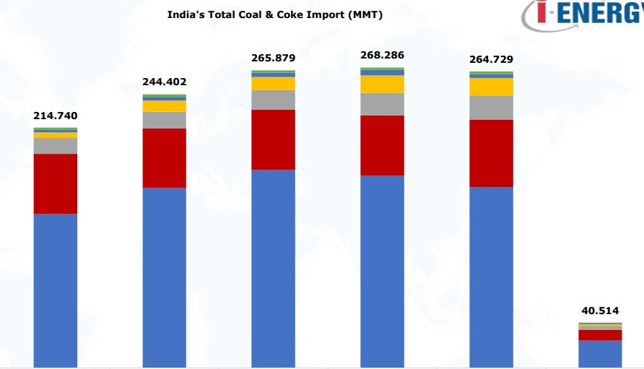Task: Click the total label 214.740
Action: coord(56,116)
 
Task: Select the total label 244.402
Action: coord(164,82)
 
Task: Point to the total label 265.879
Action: coord(273,58)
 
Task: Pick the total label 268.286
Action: coord(382,55)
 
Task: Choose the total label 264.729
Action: coord(491,59)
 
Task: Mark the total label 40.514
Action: coord(600,311)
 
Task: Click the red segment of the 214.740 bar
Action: coord(56,183)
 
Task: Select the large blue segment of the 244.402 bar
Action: coord(164,277)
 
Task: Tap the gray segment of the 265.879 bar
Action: coord(273,100)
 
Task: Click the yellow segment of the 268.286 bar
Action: coord(382,84)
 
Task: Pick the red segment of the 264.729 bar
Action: coord(491,153)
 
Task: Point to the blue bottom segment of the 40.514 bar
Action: coord(600,354)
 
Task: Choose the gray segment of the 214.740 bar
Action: coord(56,146)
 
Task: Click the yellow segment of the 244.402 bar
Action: coord(164,106)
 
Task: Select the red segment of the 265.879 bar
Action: coord(273,139)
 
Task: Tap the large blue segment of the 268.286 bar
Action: coord(382,271)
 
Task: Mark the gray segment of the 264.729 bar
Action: coord(491,108)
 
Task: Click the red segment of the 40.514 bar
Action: coord(600,335)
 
